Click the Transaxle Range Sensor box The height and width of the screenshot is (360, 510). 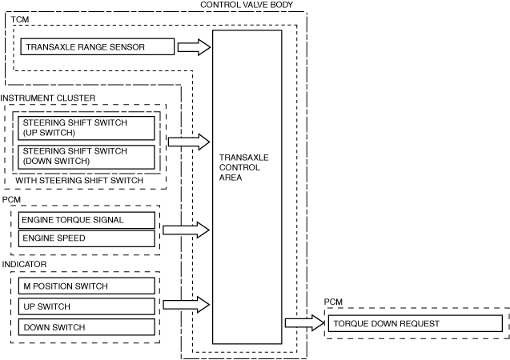(96, 47)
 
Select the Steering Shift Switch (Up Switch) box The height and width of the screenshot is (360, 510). (86, 128)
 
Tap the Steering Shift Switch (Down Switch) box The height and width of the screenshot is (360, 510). (86, 156)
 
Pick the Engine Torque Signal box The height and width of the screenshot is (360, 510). (86, 219)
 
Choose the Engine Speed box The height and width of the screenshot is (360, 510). (86, 238)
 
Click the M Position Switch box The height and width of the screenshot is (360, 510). (86, 286)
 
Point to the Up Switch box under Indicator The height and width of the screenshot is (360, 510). (86, 306)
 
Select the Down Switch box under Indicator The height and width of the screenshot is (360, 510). (86, 327)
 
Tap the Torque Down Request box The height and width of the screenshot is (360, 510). (414, 324)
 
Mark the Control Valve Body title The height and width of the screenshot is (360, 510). (246, 5)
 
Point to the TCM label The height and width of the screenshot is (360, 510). (19, 18)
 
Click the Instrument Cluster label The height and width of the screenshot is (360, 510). (48, 98)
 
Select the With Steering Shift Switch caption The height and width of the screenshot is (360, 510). (79, 181)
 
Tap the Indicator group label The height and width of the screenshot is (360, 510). (24, 263)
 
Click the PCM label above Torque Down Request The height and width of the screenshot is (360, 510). (333, 302)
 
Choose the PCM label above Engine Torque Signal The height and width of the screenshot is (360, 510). (11, 198)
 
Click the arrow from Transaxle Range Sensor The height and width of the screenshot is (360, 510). (193, 47)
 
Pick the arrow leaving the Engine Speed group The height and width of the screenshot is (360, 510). (186, 230)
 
